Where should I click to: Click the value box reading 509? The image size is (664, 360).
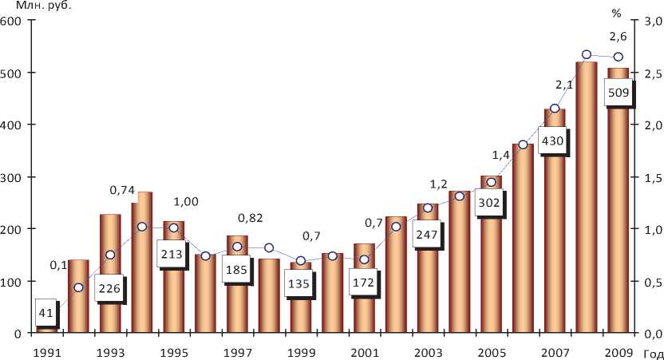(619, 93)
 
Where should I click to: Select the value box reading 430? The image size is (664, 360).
(552, 141)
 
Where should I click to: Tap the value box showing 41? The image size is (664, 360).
(45, 313)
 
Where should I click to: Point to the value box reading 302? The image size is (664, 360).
(488, 203)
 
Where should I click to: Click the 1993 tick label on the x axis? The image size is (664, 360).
(109, 351)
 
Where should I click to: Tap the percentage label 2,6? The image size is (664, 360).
(618, 36)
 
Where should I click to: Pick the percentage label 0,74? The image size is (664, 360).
(121, 190)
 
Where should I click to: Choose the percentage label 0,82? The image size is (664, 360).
(249, 218)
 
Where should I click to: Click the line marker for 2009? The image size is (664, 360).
(618, 57)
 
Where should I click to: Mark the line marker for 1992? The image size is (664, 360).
(78, 287)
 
